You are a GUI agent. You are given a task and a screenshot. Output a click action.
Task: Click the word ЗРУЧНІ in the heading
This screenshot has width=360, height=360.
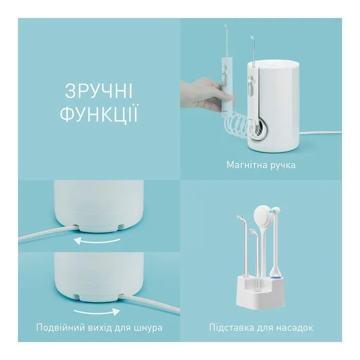click(99, 91)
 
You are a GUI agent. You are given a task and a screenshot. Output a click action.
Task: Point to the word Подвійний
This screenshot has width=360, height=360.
click(60, 328)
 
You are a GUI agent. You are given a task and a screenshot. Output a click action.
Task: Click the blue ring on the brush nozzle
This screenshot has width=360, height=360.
click(276, 277)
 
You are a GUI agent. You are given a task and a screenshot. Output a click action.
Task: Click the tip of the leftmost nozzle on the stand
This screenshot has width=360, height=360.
click(239, 217)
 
